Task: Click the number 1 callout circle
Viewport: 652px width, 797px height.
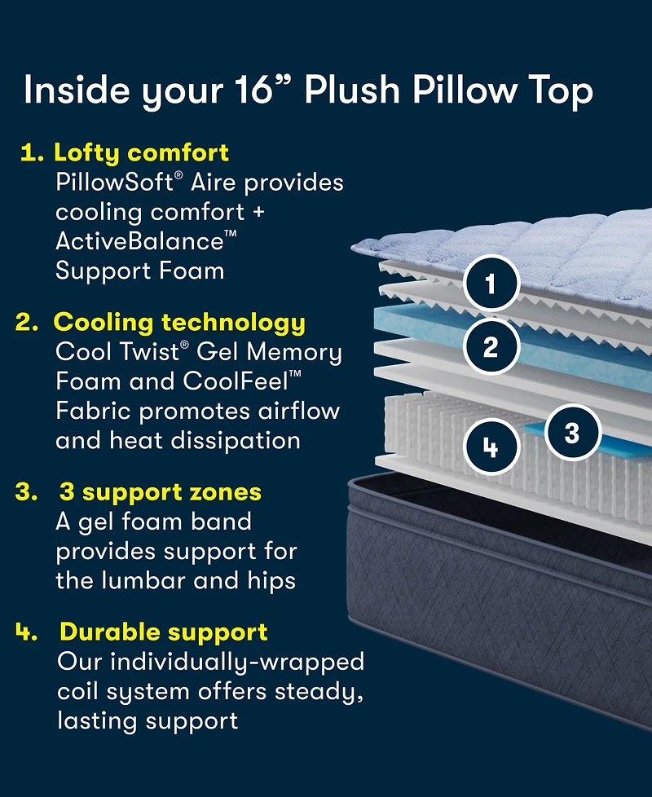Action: point(490,284)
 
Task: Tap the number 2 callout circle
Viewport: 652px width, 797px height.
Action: point(490,348)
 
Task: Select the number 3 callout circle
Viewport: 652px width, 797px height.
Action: point(571,432)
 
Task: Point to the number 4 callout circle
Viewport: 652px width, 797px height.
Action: point(490,447)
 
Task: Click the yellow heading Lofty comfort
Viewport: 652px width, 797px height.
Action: point(141,152)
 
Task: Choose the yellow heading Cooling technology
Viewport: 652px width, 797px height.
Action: point(179,322)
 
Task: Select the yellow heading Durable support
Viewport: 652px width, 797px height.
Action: point(164,632)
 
